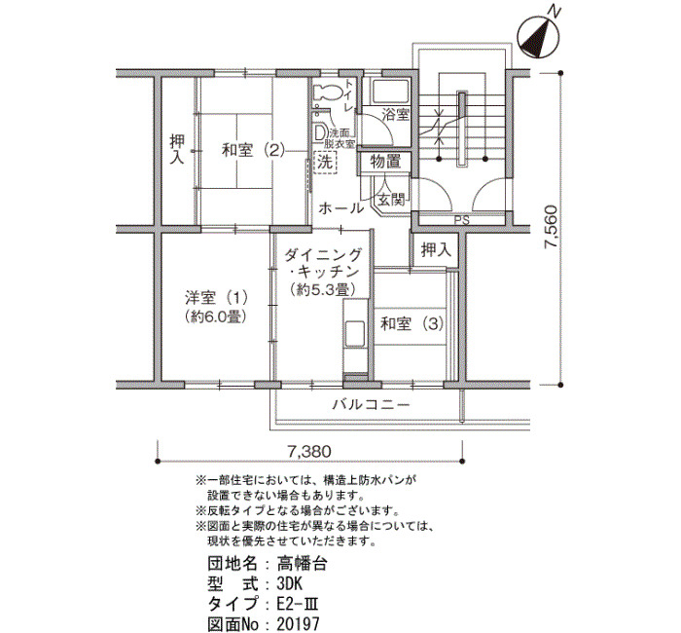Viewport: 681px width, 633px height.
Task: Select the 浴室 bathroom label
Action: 395,115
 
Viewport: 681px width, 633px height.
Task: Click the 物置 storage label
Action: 385,163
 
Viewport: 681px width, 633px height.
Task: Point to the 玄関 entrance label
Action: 390,200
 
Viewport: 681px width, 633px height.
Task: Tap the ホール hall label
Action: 340,208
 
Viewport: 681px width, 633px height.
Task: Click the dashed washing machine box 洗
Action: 325,163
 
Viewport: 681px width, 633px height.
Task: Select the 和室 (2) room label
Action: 253,151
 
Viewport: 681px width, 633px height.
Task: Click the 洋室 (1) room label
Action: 216,298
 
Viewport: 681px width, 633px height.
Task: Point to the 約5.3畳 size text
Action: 323,289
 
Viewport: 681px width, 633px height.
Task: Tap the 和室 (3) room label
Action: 412,324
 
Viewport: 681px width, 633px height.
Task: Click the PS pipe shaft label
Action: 462,220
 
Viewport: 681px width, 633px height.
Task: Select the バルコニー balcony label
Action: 371,406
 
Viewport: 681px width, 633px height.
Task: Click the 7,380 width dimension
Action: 308,451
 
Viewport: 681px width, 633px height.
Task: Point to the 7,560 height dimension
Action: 552,227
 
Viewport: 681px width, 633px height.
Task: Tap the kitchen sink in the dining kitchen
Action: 355,333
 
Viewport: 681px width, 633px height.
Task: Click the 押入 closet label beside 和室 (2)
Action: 177,149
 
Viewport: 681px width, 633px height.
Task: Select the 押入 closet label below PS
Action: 436,250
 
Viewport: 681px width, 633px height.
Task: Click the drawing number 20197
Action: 298,624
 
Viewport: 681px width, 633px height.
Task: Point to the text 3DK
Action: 289,583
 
